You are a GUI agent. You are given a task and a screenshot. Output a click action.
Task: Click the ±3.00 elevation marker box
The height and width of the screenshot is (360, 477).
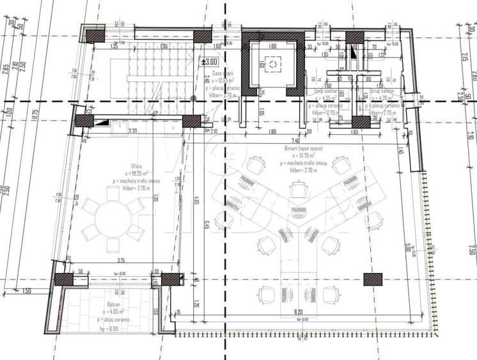coord(210,62)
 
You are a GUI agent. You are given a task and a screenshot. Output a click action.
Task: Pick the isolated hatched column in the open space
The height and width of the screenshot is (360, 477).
coord(373,278)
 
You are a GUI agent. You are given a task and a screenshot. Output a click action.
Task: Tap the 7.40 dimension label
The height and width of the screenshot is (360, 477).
coord(295,139)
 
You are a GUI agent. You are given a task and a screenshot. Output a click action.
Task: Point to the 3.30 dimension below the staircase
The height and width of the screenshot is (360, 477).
coord(133,131)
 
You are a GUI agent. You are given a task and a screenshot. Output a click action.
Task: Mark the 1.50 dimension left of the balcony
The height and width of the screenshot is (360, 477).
coord(26,292)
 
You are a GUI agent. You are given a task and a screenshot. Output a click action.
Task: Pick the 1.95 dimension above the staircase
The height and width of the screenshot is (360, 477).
coord(164,47)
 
